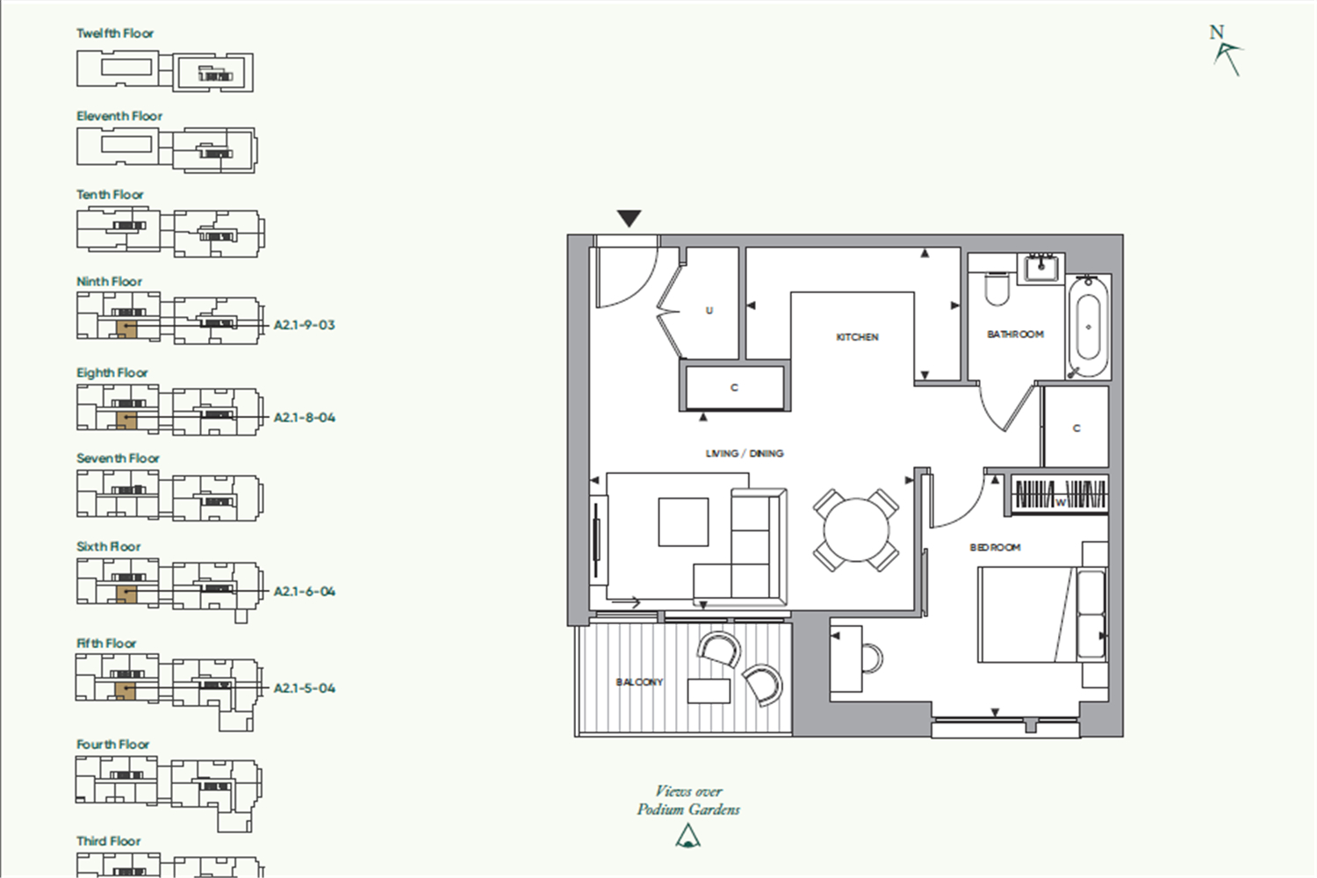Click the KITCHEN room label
[857, 337]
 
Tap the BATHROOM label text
[1015, 334]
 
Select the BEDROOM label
[995, 548]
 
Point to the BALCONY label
[639, 682]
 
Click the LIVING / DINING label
[745, 453]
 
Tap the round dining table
[856, 529]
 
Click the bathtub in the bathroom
[1089, 327]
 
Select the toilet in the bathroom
[997, 288]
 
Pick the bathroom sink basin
[1041, 268]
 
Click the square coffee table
[683, 522]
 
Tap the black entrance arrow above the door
[630, 219]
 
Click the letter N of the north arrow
[1216, 32]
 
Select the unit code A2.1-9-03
[304, 325]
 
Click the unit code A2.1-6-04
[305, 592]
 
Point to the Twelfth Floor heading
[115, 33]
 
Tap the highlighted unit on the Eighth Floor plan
[126, 420]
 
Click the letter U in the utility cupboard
[709, 311]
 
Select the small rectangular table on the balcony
[709, 691]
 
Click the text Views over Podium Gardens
[688, 801]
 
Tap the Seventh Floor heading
[118, 458]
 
